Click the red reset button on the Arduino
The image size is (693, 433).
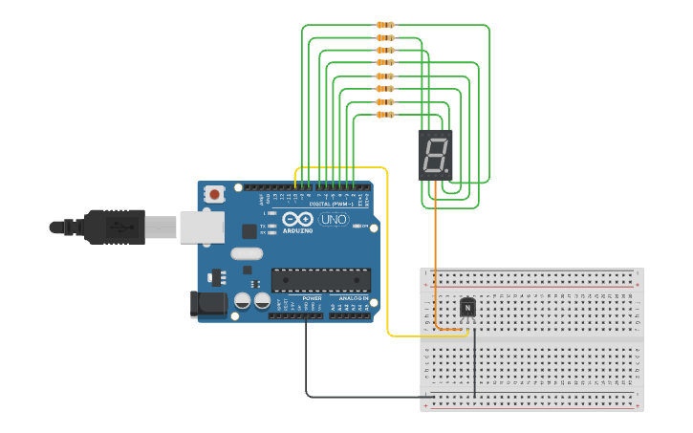214,194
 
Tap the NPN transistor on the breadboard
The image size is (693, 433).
467,307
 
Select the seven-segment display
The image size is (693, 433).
435,154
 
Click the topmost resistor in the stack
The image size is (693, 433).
385,25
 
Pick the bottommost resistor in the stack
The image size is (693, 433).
385,115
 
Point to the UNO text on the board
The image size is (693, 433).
334,220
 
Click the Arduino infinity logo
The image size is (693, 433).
297,220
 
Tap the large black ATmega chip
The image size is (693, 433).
320,279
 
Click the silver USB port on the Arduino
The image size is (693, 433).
203,227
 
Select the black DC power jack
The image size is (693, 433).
208,304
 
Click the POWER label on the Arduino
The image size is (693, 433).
313,298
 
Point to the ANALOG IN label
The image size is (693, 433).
351,298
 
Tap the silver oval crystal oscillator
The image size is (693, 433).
246,253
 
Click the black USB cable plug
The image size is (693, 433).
114,227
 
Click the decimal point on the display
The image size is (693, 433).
446,172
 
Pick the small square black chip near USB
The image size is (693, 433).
249,230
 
